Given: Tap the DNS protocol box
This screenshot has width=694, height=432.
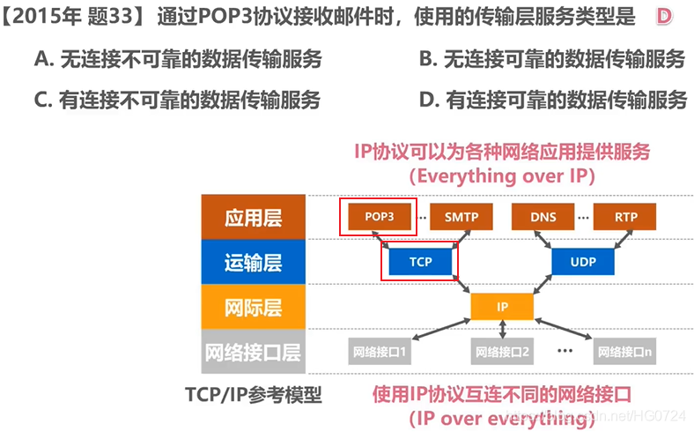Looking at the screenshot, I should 543,217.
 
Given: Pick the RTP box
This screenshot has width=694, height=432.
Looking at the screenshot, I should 626,217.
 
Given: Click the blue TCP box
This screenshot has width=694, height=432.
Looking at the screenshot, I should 420,262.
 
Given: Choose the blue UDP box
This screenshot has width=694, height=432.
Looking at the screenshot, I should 582,262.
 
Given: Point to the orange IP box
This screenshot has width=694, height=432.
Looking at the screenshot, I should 502,307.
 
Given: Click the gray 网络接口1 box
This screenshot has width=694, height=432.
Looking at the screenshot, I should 379,352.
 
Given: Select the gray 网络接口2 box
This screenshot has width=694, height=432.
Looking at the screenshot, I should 502,352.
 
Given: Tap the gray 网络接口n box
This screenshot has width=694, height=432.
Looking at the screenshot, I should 625,352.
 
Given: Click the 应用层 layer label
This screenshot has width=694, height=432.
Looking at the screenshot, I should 253,217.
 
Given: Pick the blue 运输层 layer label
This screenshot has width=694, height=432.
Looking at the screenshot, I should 253,262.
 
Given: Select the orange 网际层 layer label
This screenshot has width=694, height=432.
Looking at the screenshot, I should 253,307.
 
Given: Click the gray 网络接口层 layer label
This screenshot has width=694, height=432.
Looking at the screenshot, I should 253,352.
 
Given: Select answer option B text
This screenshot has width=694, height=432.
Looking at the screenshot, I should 552,60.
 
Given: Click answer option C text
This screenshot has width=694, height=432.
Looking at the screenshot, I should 177,100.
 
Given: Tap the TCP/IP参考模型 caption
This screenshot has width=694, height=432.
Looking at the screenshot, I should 254,394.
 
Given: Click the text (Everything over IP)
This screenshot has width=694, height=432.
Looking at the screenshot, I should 502,175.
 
